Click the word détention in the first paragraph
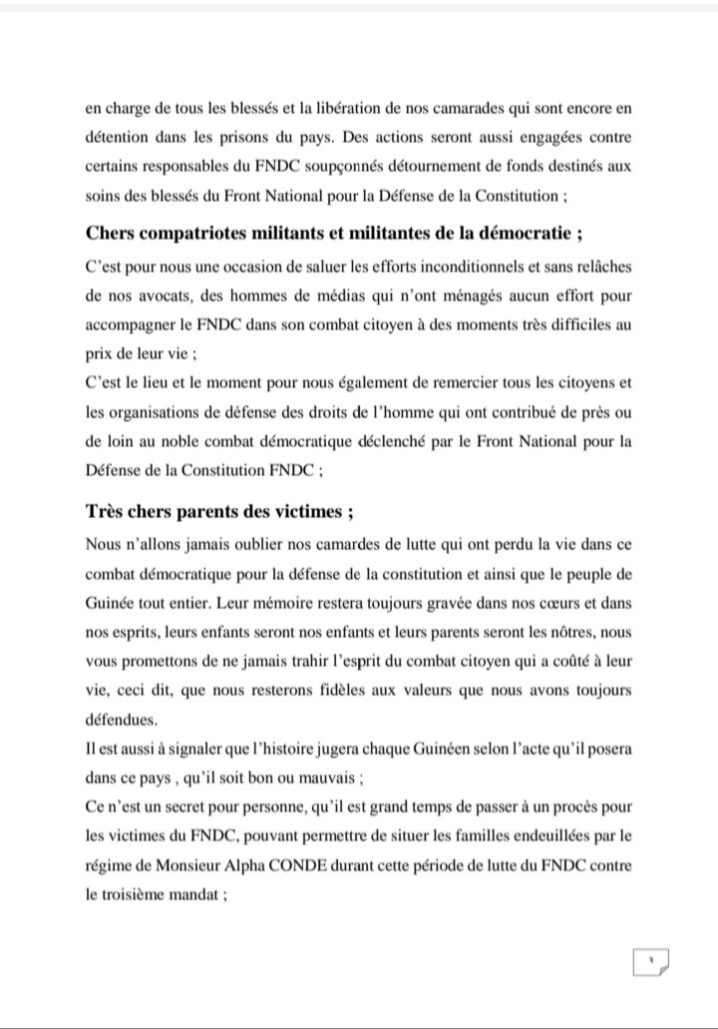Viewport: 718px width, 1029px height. pos(117,136)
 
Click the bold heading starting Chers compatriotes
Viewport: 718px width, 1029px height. pos(334,235)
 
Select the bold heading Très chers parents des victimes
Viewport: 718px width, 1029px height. pos(219,512)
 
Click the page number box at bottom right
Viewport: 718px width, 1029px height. pos(650,963)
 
